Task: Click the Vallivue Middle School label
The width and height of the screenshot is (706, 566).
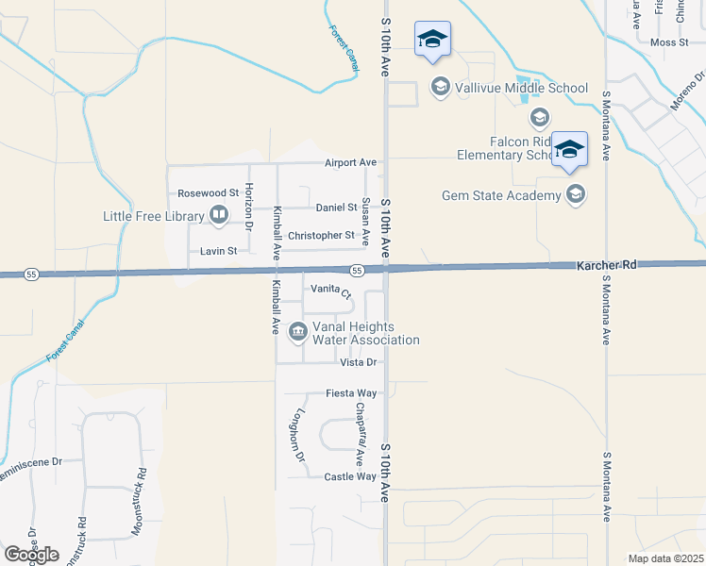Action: point(522,89)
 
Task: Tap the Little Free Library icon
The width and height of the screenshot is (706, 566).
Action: point(219,216)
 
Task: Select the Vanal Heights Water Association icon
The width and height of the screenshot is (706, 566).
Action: point(298,330)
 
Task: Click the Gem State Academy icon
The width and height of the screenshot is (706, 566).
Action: point(575,195)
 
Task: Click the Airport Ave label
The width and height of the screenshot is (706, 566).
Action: point(350,162)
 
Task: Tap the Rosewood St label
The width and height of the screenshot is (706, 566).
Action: point(208,193)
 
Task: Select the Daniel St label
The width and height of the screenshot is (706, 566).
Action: point(336,208)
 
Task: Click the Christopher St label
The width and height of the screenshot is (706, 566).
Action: point(321,235)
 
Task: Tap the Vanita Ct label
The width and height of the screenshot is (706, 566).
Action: point(330,291)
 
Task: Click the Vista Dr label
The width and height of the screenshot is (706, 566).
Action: point(358,362)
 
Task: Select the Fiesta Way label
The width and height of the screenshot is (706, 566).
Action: point(351,392)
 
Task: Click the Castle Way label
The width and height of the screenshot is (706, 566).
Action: point(350,477)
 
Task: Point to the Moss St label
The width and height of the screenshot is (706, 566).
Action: point(669,42)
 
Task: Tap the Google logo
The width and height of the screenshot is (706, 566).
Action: point(31,554)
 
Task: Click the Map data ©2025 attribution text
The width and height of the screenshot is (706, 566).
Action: point(666,558)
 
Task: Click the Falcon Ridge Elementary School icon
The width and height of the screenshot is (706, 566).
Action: point(540,118)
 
